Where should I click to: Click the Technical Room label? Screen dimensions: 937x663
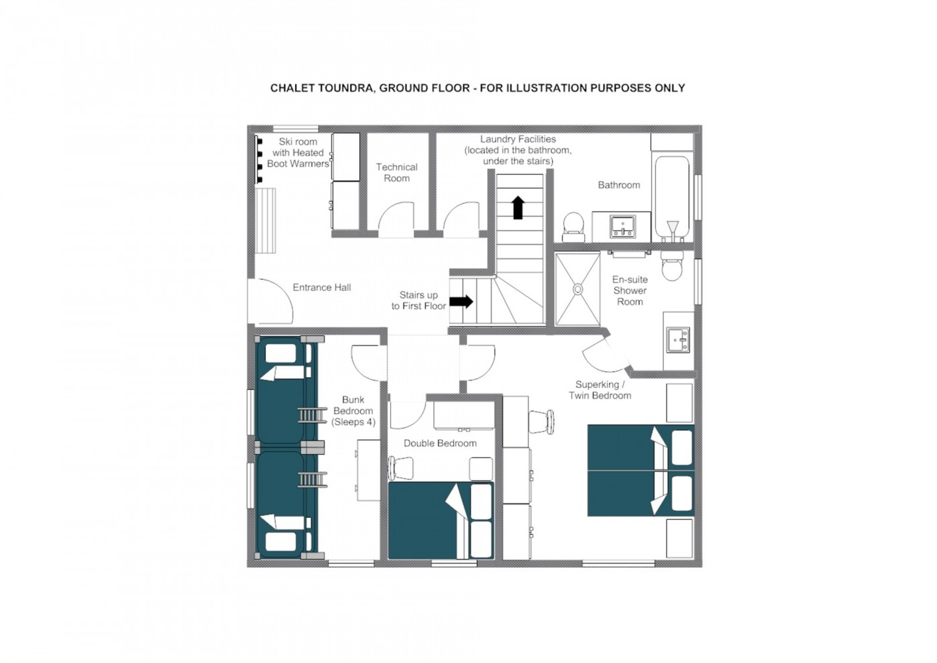tap(396, 173)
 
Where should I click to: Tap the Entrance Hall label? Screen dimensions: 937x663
tap(322, 287)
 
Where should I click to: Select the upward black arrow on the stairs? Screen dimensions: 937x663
tap(518, 207)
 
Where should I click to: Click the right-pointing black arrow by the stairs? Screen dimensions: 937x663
tap(461, 301)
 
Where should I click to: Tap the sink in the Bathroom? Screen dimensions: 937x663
tap(622, 226)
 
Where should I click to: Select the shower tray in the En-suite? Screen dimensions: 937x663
tap(578, 289)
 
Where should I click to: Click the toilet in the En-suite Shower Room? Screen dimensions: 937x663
tap(672, 265)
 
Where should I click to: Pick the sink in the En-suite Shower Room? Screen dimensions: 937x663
tap(678, 340)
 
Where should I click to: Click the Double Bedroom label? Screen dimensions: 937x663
tap(440, 443)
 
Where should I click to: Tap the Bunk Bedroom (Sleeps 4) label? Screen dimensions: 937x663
tap(353, 411)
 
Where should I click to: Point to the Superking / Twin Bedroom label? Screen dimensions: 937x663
tap(600, 390)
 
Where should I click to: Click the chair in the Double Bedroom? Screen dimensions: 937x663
tap(400, 468)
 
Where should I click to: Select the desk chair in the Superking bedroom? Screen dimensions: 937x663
tap(541, 422)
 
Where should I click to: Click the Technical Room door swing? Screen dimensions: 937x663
tap(396, 220)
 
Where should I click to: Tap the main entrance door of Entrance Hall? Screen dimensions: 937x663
tap(270, 301)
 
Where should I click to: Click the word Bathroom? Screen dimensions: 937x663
tap(618, 185)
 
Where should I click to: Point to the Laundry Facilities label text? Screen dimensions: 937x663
tap(518, 150)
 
